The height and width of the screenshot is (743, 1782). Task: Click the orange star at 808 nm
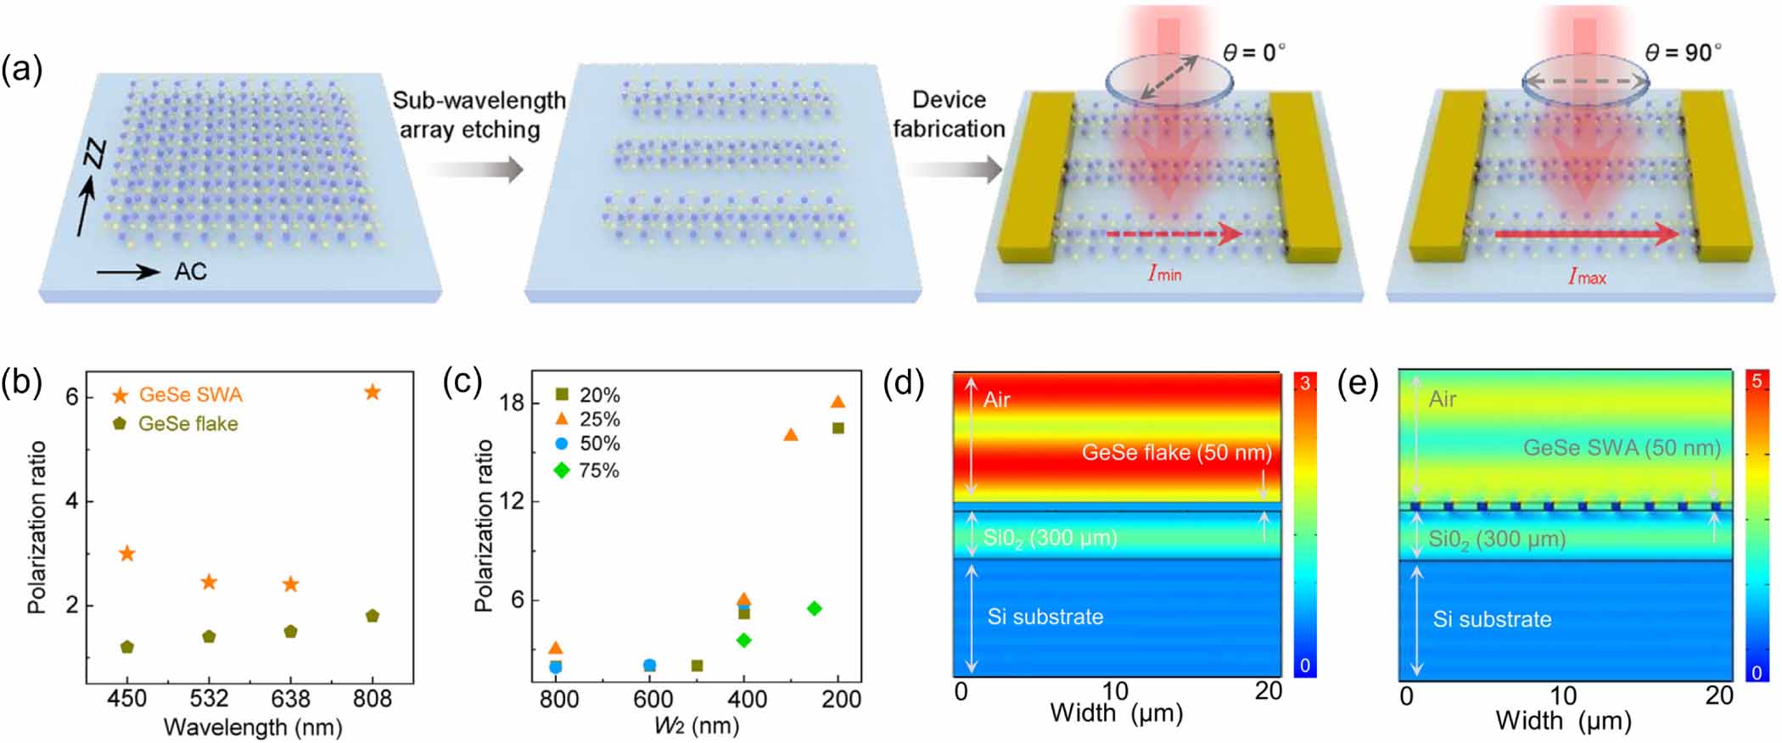372,392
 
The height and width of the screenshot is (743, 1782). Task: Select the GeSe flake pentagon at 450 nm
127,647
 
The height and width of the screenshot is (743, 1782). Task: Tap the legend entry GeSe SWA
190,394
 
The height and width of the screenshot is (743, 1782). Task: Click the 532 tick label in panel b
209,698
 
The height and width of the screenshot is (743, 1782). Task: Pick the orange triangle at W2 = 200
838,402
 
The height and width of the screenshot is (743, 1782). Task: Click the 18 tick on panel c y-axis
513,402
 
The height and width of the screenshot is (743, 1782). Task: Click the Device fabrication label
949,114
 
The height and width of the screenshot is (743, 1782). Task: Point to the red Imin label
1163,273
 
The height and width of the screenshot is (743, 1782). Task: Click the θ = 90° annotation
1683,53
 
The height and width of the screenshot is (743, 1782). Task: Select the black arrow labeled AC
127,271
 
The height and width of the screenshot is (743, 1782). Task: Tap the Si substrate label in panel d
1045,617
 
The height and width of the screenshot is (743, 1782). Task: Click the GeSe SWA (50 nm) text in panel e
1622,448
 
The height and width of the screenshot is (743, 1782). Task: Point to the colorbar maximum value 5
1757,382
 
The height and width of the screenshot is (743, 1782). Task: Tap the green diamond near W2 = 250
814,608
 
